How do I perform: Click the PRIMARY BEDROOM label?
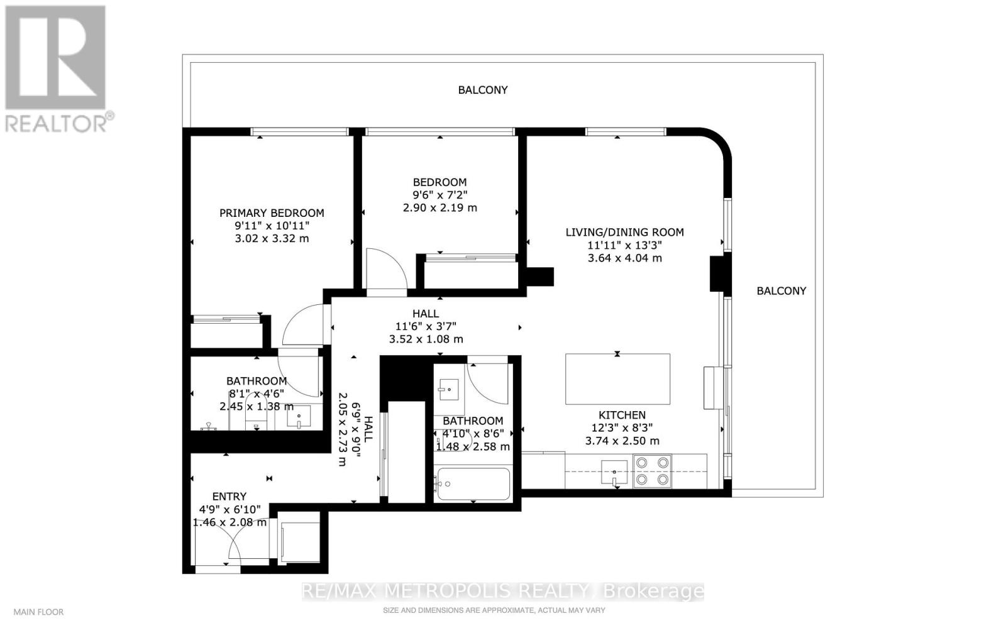point(272,212)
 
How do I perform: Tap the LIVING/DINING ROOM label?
point(625,232)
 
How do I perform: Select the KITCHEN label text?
point(622,416)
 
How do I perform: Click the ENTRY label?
point(229,497)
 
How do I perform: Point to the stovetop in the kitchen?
point(652,471)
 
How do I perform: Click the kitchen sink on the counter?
point(614,472)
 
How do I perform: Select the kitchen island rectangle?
point(617,379)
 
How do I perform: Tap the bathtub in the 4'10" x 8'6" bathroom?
point(473,484)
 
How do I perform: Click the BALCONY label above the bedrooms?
point(483,90)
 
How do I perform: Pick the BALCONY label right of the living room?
point(782,291)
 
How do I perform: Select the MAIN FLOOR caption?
point(38,612)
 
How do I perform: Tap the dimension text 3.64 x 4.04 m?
point(625,258)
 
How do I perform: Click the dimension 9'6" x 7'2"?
point(439,195)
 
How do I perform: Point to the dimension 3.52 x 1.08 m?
point(426,339)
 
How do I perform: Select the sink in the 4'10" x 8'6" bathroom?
point(449,390)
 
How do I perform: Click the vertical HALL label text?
point(368,429)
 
